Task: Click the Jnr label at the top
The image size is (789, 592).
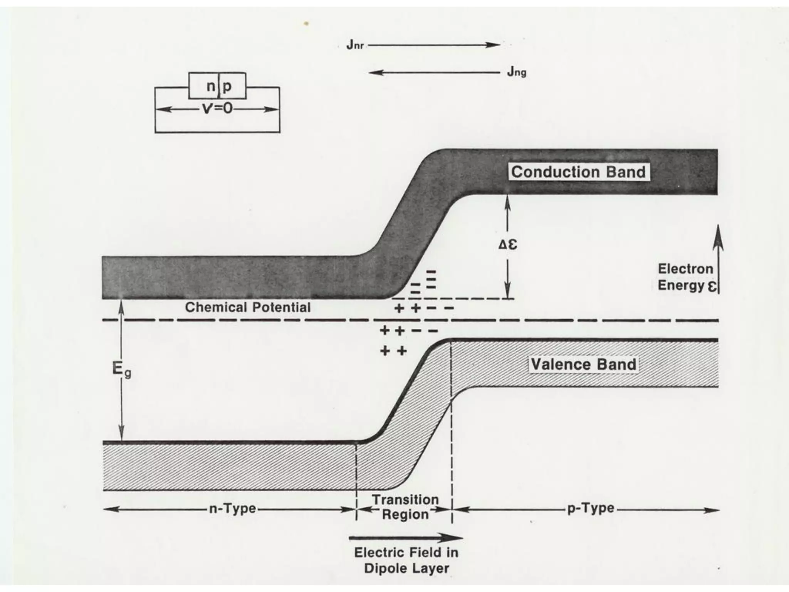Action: pyautogui.click(x=355, y=45)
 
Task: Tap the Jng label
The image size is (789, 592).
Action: pyautogui.click(x=516, y=72)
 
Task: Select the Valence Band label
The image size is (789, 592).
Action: pyautogui.click(x=583, y=364)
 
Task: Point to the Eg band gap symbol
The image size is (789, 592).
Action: pyautogui.click(x=121, y=370)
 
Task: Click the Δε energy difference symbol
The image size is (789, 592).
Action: pyautogui.click(x=508, y=245)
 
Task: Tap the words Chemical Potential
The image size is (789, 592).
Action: pyautogui.click(x=248, y=308)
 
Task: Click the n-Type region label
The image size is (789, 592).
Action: pyautogui.click(x=232, y=509)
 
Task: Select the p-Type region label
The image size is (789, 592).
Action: pyautogui.click(x=591, y=509)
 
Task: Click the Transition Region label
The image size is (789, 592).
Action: pyautogui.click(x=405, y=507)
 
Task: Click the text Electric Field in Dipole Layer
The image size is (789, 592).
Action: pyautogui.click(x=406, y=560)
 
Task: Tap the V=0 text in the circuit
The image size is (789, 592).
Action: pyautogui.click(x=217, y=109)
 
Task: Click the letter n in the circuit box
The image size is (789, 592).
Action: pyautogui.click(x=210, y=86)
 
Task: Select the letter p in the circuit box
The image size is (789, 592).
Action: pyautogui.click(x=227, y=86)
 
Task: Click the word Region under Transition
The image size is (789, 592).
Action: pyautogui.click(x=405, y=515)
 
